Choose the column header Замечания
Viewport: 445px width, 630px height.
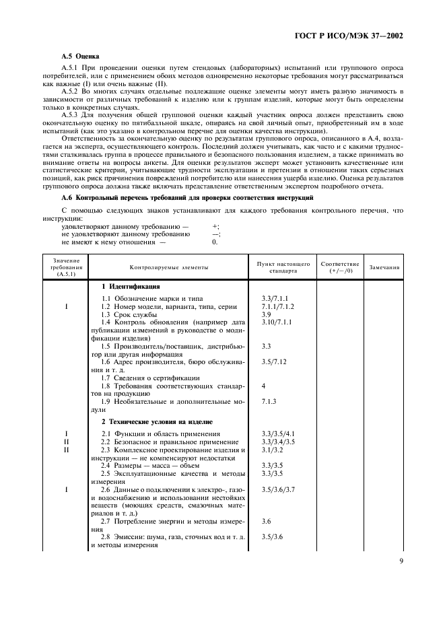tap(384, 267)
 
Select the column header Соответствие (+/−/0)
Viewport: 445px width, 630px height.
tap(340, 267)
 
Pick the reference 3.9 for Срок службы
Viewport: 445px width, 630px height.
tap(266, 314)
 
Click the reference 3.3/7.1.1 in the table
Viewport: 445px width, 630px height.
tap(275, 298)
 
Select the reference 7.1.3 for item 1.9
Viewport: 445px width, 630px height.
tap(270, 401)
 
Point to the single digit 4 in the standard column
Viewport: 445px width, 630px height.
tap(263, 386)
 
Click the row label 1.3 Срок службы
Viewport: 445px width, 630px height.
tap(129, 314)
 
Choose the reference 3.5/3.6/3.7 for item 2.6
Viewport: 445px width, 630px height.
tap(277, 489)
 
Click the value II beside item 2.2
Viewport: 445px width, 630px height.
tap(66, 442)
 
